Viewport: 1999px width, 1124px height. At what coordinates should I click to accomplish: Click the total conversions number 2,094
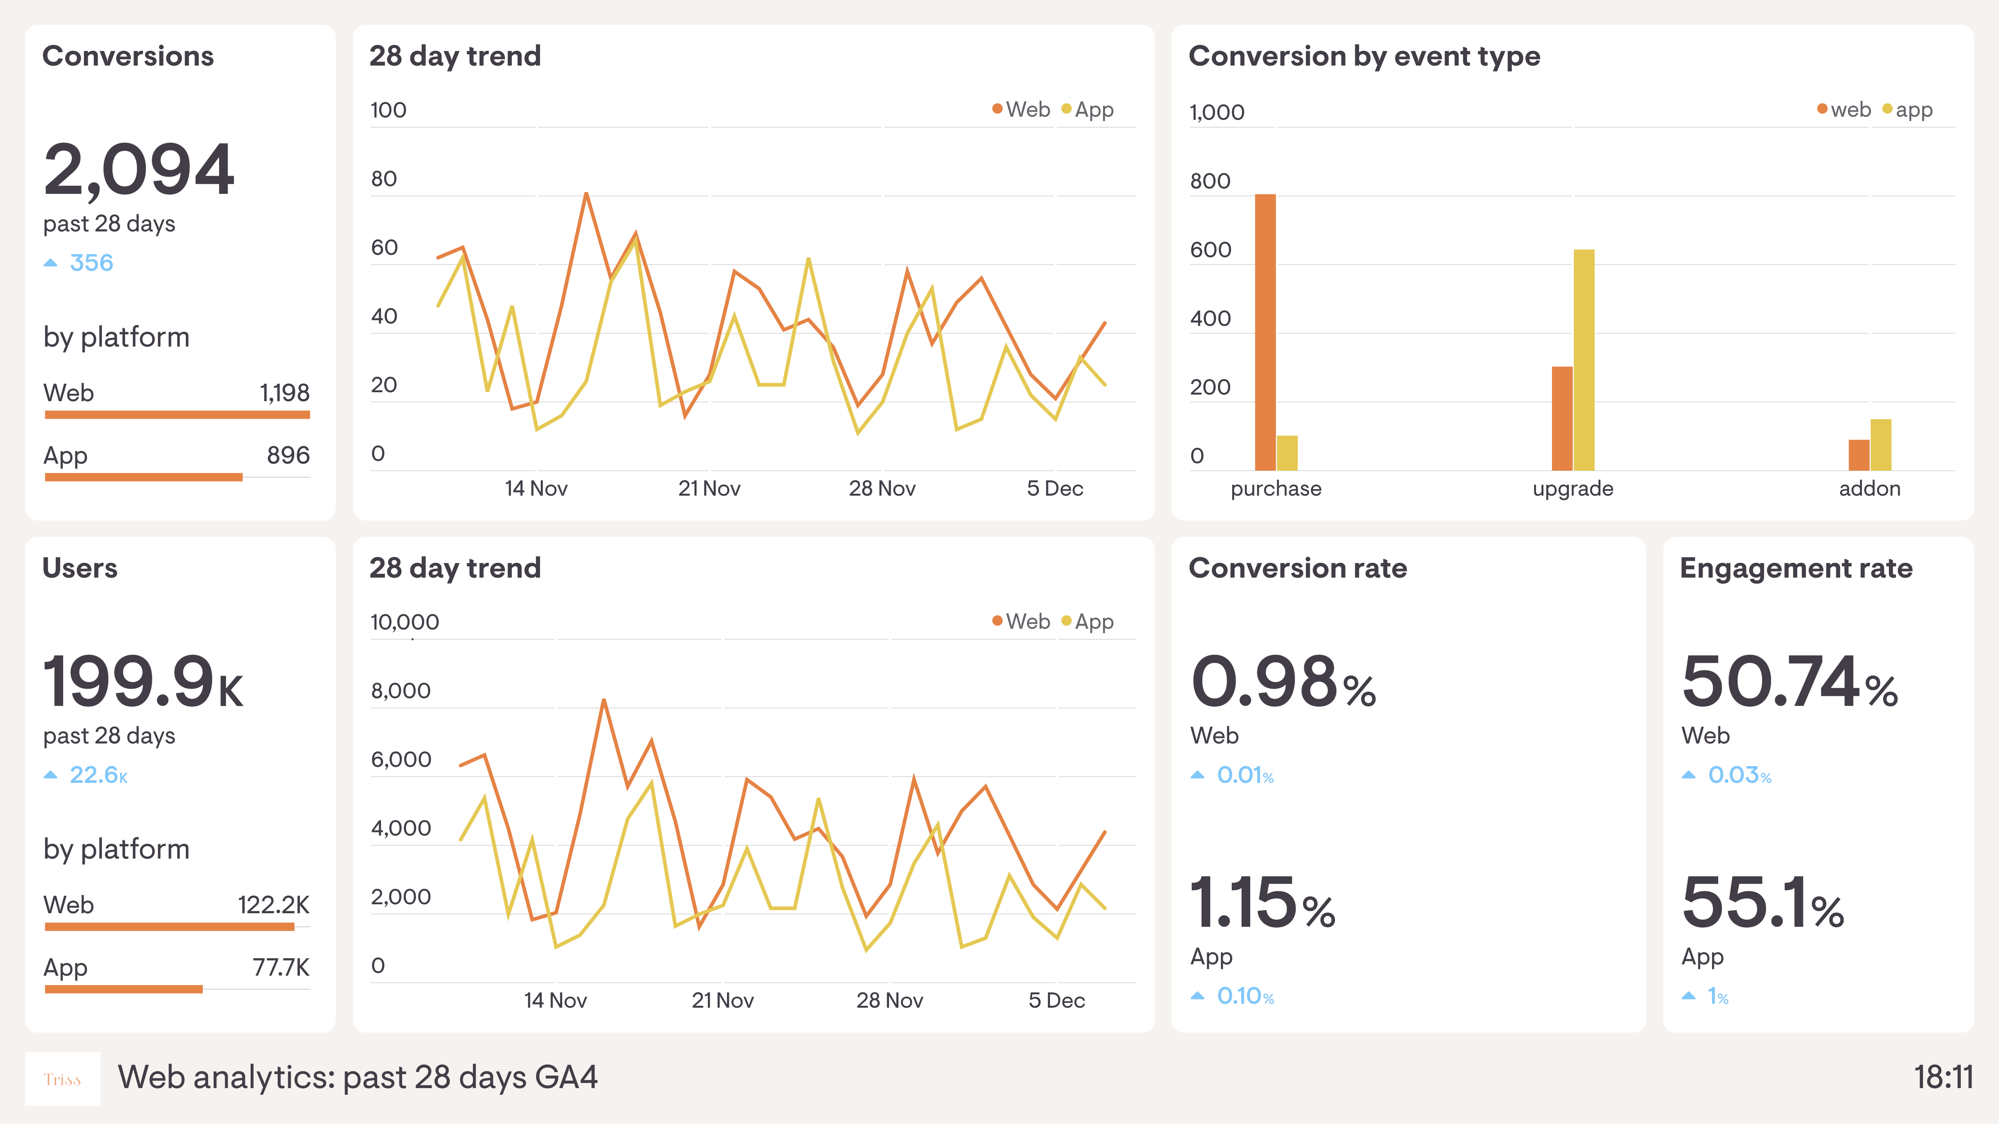[138, 169]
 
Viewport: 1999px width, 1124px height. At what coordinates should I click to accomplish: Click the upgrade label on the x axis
[1573, 489]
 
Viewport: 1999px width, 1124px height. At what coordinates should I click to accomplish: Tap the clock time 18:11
[1942, 1078]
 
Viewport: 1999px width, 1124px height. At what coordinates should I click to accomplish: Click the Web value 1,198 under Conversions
[284, 393]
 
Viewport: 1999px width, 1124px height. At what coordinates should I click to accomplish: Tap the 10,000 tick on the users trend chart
[404, 622]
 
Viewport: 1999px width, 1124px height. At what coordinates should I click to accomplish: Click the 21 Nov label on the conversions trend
[709, 489]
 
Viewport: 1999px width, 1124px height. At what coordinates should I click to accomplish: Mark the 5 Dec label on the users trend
[1056, 1001]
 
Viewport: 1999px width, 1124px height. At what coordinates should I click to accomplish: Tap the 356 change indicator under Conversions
[91, 263]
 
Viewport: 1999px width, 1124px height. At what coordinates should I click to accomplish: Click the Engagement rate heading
[1796, 569]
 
